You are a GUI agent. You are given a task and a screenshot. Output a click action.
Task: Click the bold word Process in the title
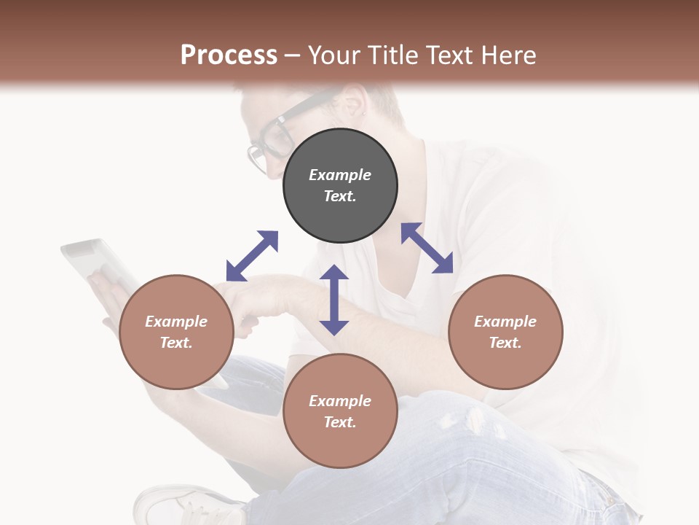pyautogui.click(x=229, y=55)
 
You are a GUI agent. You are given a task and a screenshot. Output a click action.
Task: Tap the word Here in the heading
pyautogui.click(x=508, y=55)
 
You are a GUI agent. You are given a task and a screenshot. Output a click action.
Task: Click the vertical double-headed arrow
pyautogui.click(x=334, y=300)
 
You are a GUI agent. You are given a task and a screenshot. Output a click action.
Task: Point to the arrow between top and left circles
pyautogui.click(x=252, y=256)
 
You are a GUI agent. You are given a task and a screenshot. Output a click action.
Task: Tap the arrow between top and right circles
pyautogui.click(x=427, y=248)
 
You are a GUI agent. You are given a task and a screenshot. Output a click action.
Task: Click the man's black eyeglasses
pyautogui.click(x=270, y=139)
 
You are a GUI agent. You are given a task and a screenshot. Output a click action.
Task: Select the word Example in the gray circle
pyautogui.click(x=340, y=175)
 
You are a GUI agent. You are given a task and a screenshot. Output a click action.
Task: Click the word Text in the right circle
pyautogui.click(x=505, y=343)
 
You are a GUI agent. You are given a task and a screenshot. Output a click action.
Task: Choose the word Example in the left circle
pyautogui.click(x=176, y=322)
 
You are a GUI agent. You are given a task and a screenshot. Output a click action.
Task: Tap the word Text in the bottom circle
pyautogui.click(x=340, y=422)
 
